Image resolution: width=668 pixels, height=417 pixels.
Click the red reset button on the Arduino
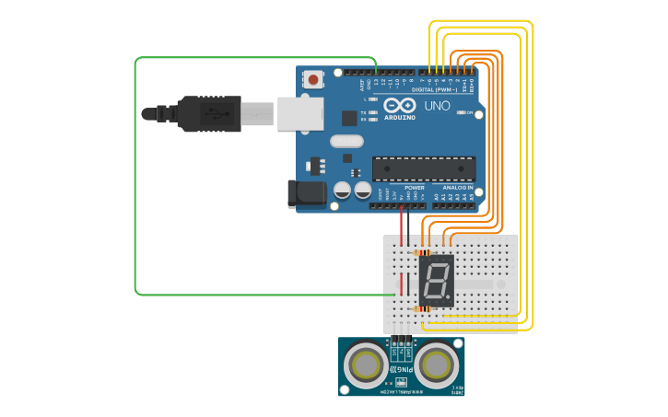point(313,80)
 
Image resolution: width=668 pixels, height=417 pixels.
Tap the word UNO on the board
point(437,106)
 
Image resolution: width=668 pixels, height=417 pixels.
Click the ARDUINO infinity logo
point(400,105)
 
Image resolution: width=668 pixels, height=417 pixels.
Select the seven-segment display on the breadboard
point(436,281)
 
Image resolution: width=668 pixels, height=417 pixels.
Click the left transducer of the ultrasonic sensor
point(366,365)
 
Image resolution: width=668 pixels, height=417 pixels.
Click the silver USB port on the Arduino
point(300,114)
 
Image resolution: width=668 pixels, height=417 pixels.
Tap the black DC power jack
point(306,193)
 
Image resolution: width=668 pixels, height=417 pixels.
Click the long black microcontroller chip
point(424,168)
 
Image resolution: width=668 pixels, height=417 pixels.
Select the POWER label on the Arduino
point(415,188)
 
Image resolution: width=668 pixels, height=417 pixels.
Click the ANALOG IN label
point(457,188)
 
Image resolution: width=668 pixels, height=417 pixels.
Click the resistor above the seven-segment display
point(424,252)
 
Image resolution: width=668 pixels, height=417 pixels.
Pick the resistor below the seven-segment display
point(424,309)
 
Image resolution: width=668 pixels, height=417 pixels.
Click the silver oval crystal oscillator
point(346,141)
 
